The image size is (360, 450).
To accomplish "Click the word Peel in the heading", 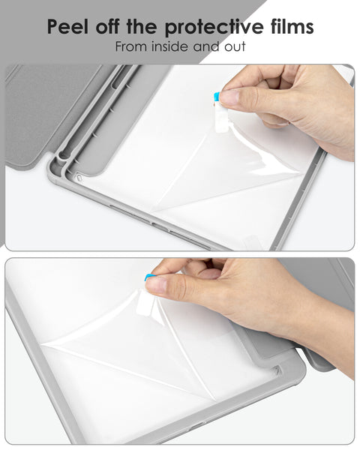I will (70, 28).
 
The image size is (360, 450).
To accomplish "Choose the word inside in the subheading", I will (172, 47).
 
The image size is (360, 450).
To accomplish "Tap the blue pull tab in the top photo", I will (217, 97).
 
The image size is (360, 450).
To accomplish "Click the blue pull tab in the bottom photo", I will (149, 277).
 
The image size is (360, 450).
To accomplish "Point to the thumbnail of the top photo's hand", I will (232, 97).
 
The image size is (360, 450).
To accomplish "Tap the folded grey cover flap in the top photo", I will (37, 112).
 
